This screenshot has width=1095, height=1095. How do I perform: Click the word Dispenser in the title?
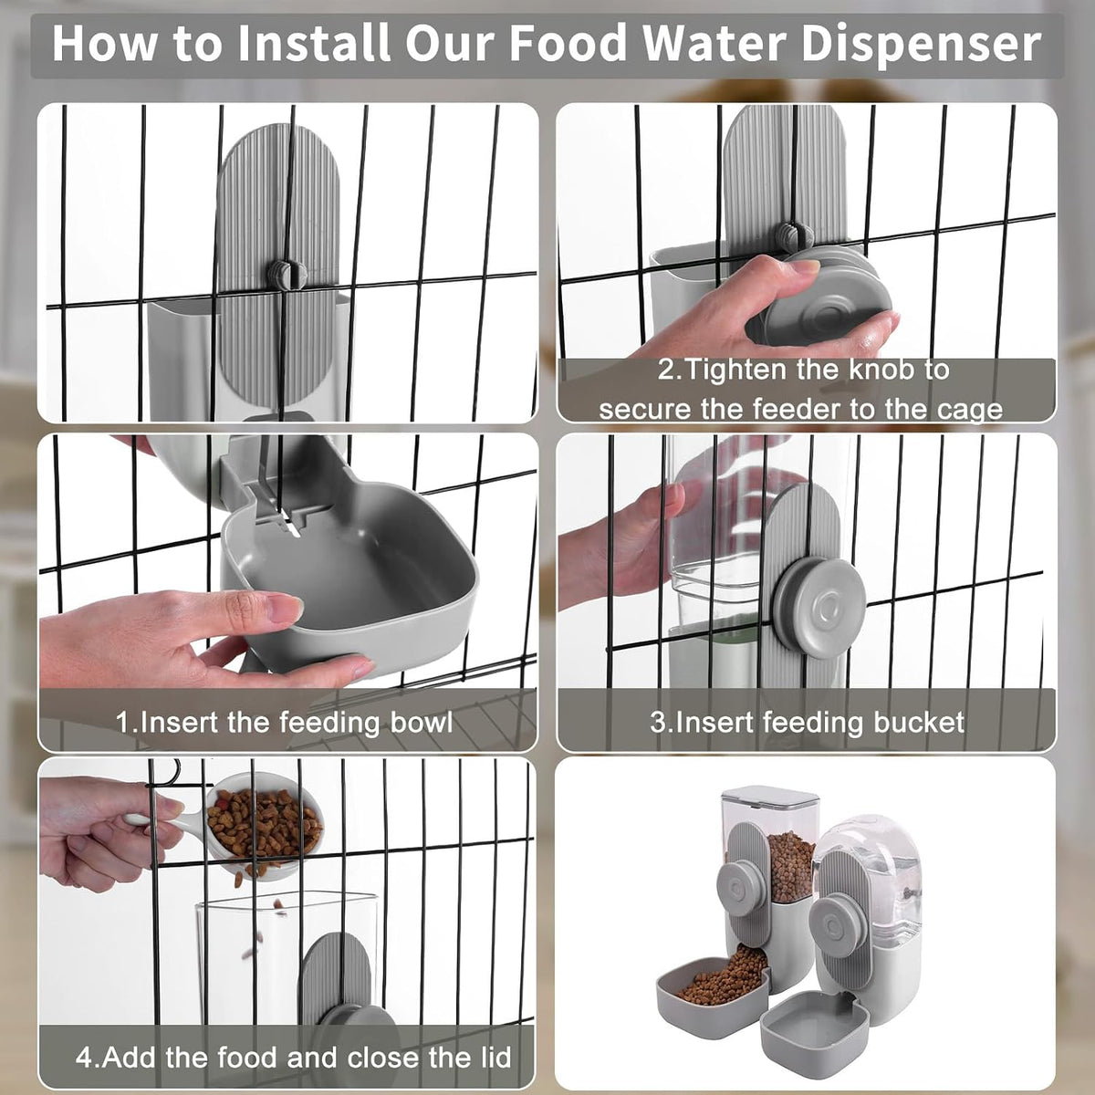[x=921, y=45]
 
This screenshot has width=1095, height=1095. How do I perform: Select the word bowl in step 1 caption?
[x=421, y=722]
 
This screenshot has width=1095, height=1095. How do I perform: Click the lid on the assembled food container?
[x=770, y=798]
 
